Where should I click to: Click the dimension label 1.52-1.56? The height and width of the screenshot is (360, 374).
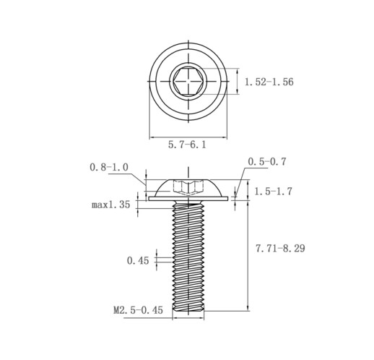pos(269,82)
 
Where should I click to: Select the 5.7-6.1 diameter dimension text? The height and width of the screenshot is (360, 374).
pos(187,145)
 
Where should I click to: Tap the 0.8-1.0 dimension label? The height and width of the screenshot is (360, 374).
pos(109,167)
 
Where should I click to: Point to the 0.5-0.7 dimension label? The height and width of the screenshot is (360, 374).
pos(267,162)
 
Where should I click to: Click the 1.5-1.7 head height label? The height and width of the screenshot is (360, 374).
pos(273,192)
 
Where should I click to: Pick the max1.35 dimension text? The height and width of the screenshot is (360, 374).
pos(110,205)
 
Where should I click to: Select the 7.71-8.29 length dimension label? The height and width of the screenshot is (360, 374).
pos(280,248)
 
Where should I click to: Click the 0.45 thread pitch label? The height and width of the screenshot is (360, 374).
pos(138,260)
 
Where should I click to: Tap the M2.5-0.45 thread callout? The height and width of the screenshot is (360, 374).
pos(138,310)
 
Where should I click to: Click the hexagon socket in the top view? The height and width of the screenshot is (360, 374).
pos(188,81)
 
